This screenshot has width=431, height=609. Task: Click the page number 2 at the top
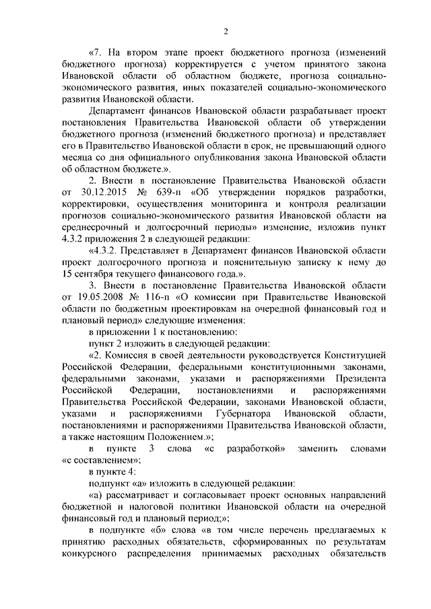226,32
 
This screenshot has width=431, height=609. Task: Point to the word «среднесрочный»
95,227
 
